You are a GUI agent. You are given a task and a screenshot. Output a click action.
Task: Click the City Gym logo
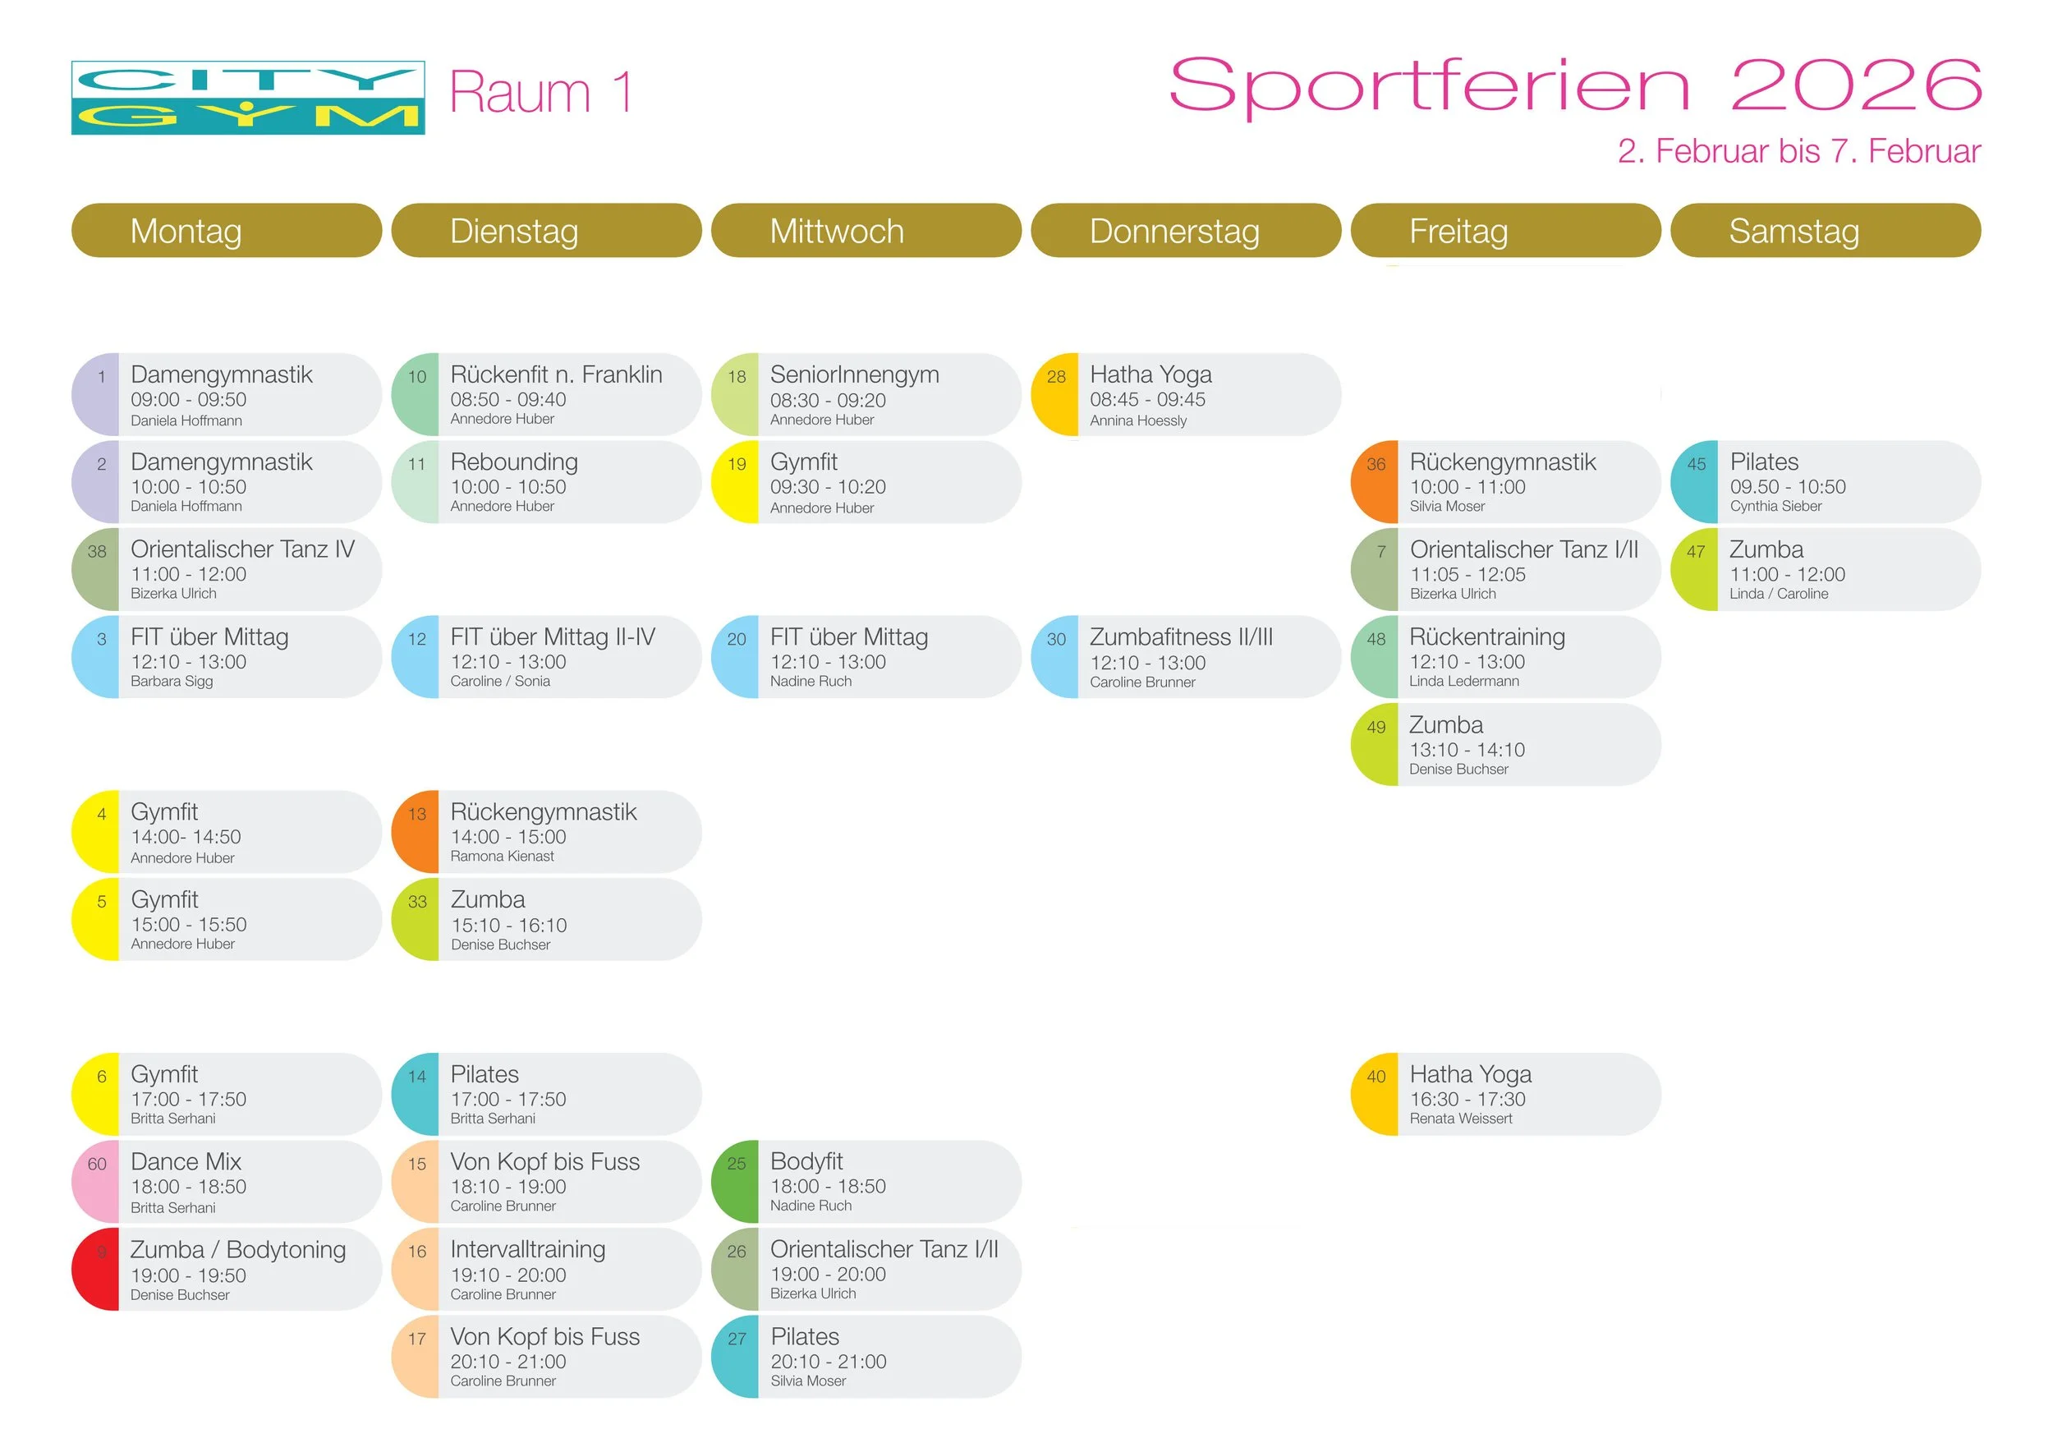248,98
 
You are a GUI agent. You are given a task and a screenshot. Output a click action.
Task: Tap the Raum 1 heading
541,93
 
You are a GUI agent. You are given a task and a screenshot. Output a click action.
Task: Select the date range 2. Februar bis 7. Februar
1798,152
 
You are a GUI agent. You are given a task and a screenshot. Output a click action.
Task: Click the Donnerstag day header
1174,232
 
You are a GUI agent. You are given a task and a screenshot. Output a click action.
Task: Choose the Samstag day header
1794,232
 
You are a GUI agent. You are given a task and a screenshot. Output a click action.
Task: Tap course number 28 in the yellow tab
1056,377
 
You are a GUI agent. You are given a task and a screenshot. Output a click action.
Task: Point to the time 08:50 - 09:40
508,400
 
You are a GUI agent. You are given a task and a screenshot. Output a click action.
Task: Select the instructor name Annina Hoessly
1137,421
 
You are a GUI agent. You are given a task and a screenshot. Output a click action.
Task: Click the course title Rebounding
514,462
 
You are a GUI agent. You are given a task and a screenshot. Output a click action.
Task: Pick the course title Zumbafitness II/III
1180,637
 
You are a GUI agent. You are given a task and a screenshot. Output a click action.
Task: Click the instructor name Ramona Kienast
502,857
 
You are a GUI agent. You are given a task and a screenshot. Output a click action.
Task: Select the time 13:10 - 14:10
1467,750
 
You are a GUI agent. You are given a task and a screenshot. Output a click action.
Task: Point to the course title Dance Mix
186,1162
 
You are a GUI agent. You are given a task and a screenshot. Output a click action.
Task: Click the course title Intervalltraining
527,1250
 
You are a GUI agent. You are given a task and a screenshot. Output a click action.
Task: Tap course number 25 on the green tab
736,1164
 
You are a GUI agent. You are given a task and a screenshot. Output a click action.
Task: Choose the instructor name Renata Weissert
1460,1119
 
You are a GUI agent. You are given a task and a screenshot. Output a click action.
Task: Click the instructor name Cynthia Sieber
1775,506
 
